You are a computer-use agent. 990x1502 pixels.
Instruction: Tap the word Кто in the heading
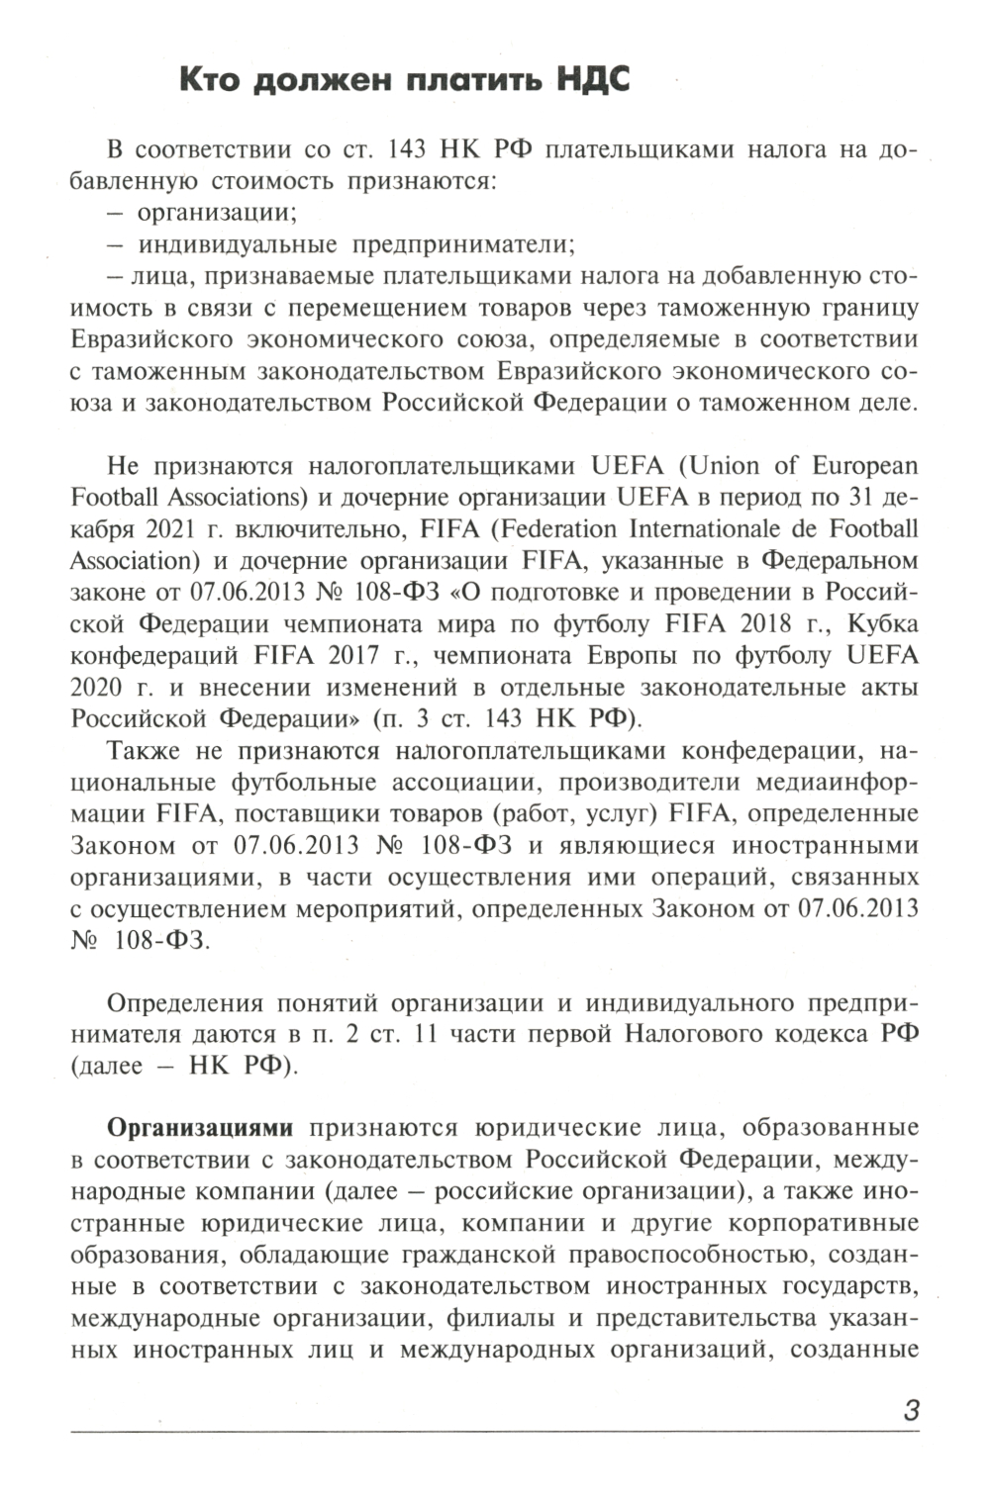(210, 80)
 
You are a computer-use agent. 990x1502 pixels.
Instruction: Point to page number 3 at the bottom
(911, 1410)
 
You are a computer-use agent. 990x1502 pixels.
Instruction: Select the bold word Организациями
(200, 1128)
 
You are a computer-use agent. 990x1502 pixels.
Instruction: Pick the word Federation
(560, 528)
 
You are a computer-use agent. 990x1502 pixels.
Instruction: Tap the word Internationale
(702, 528)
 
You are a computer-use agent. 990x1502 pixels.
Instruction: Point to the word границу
(871, 307)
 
